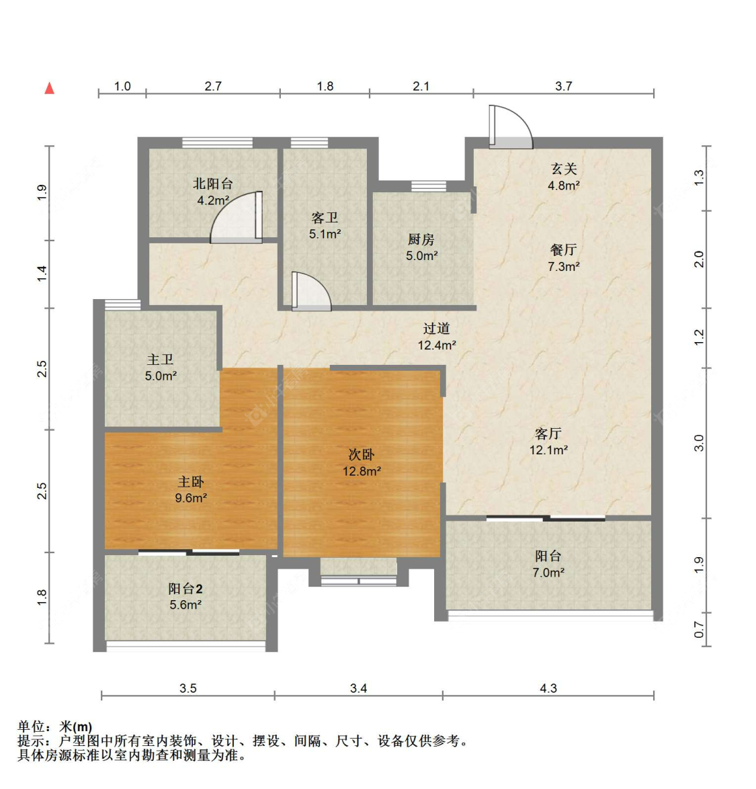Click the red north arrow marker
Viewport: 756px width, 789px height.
pyautogui.click(x=49, y=88)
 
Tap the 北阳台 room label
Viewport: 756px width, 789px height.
pyautogui.click(x=213, y=191)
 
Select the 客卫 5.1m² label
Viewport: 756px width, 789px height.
pyautogui.click(x=325, y=225)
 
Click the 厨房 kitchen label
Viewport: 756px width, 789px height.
pyautogui.click(x=421, y=247)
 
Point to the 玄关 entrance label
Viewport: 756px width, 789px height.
pyautogui.click(x=564, y=177)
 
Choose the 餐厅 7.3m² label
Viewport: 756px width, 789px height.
pyautogui.click(x=564, y=257)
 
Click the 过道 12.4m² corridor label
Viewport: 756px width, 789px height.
pyautogui.click(x=437, y=336)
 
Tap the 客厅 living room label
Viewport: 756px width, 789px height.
pyautogui.click(x=548, y=442)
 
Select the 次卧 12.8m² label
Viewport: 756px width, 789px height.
pyautogui.click(x=362, y=462)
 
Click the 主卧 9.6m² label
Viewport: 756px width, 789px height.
pyautogui.click(x=191, y=489)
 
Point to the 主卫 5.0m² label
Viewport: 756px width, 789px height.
pyautogui.click(x=161, y=368)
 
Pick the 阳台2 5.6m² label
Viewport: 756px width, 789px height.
pyautogui.click(x=185, y=596)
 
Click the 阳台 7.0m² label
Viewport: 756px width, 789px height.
pyautogui.click(x=548, y=564)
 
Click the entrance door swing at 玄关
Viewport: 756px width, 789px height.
pyautogui.click(x=510, y=127)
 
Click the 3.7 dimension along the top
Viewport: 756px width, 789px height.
pyautogui.click(x=564, y=86)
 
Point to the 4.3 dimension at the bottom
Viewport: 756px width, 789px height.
pyautogui.click(x=548, y=688)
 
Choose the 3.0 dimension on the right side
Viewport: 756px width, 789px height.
pyautogui.click(x=699, y=443)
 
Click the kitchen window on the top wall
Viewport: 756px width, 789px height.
pyautogui.click(x=429, y=185)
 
